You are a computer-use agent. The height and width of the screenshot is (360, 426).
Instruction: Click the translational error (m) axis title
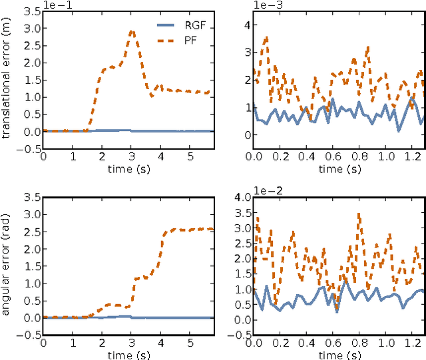tap(7, 79)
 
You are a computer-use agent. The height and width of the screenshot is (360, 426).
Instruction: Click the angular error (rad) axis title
tap(7, 266)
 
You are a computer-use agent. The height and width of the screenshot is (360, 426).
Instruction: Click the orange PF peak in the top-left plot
tap(132, 31)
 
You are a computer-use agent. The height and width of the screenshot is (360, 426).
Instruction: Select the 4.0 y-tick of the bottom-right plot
tap(242, 197)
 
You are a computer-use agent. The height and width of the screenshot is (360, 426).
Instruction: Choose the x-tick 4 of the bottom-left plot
tap(160, 343)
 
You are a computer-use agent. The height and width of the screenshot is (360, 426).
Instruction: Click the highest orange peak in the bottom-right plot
tap(359, 214)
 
